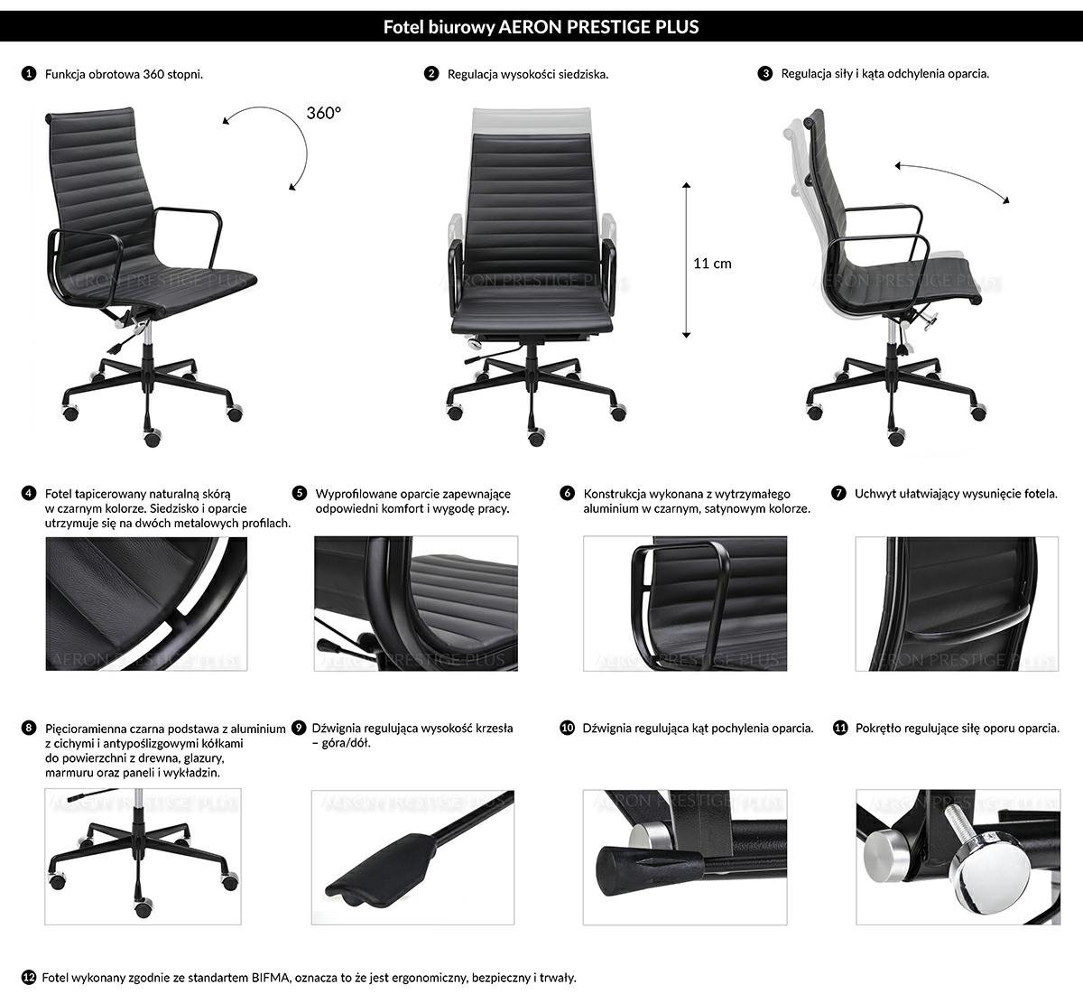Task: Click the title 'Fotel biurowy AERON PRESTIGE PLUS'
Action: pos(541,27)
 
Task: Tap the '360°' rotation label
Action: pos(324,113)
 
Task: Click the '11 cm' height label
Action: pos(712,264)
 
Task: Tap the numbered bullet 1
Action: pos(29,74)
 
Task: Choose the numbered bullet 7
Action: pos(839,494)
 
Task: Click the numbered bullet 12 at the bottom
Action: pos(29,977)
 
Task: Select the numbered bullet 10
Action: pos(568,728)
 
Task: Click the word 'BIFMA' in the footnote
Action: pos(269,978)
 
